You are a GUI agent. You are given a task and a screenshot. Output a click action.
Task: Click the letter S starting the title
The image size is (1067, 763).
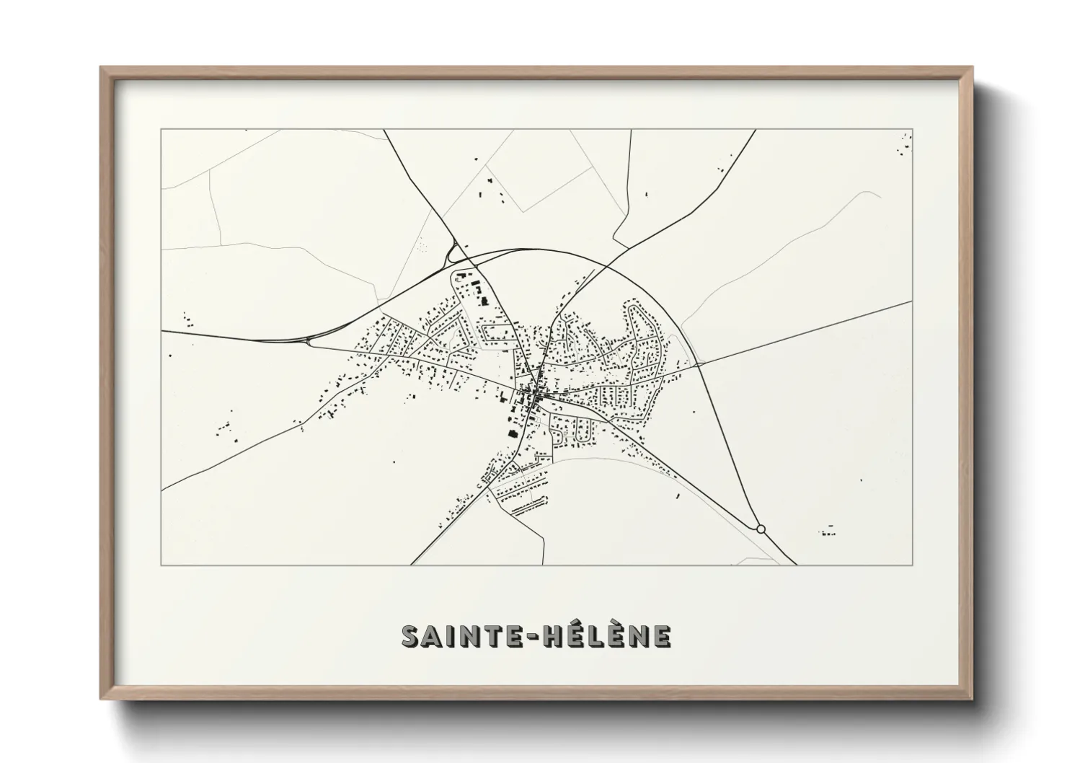point(412,636)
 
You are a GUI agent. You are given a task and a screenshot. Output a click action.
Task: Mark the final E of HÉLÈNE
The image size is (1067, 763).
point(663,636)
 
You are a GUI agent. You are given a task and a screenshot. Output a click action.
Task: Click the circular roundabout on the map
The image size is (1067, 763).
point(761,529)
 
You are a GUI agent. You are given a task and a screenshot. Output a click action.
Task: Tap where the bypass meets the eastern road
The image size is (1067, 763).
point(698,365)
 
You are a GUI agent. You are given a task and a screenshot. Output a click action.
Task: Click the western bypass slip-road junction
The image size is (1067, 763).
point(310,340)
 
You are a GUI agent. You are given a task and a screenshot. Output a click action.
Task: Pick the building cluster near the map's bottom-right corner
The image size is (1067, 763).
point(828,533)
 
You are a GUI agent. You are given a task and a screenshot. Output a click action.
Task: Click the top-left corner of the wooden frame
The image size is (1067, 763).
point(102,69)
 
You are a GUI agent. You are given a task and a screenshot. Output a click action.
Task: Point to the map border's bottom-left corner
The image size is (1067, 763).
point(161,565)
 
